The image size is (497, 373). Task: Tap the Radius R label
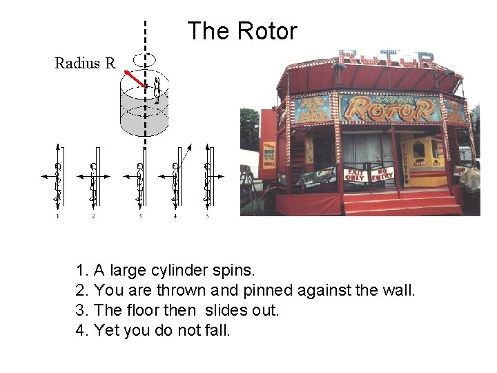[85, 64]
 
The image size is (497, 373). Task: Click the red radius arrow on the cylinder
[135, 78]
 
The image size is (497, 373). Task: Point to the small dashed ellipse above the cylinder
[145, 59]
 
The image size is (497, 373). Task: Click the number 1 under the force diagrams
[58, 217]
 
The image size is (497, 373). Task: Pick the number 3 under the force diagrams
[140, 217]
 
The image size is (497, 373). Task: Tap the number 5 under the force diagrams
[207, 217]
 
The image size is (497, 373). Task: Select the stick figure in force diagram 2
[93, 182]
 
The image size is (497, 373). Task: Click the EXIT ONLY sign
[355, 173]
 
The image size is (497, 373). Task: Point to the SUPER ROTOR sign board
[389, 108]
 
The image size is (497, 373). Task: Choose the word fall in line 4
[218, 330]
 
